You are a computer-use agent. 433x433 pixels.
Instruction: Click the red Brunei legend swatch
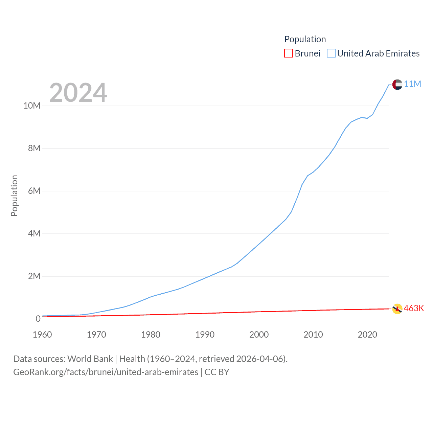tap(288, 53)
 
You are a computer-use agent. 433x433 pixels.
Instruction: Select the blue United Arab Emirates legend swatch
tap(331, 53)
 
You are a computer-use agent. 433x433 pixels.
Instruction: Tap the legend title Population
tap(305, 39)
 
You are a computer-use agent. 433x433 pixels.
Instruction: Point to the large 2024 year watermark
tap(78, 92)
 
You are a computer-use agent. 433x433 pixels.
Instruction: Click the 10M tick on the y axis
tap(32, 106)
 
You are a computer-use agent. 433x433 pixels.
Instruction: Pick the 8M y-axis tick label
tap(34, 149)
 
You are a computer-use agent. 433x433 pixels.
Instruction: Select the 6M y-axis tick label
tap(34, 191)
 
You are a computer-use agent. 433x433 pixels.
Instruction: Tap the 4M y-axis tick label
tap(34, 234)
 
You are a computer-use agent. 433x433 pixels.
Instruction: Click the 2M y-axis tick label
tap(34, 276)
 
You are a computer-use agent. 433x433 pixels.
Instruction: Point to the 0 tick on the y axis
tap(38, 319)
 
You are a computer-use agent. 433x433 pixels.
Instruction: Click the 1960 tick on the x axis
tap(42, 335)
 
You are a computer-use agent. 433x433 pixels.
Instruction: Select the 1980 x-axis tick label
tap(151, 335)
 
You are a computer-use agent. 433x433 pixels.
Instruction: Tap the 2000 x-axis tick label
tap(259, 335)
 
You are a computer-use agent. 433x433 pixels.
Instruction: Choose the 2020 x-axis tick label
tap(367, 335)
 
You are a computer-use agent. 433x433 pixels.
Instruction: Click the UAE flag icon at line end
tap(397, 85)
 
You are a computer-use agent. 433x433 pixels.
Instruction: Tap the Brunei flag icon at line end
tap(397, 309)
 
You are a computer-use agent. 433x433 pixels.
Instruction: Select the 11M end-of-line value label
tap(412, 84)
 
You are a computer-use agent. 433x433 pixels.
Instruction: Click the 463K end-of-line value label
tap(414, 309)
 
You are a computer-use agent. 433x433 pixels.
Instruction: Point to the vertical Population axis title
tap(14, 196)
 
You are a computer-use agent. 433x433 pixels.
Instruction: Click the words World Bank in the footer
tap(90, 359)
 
